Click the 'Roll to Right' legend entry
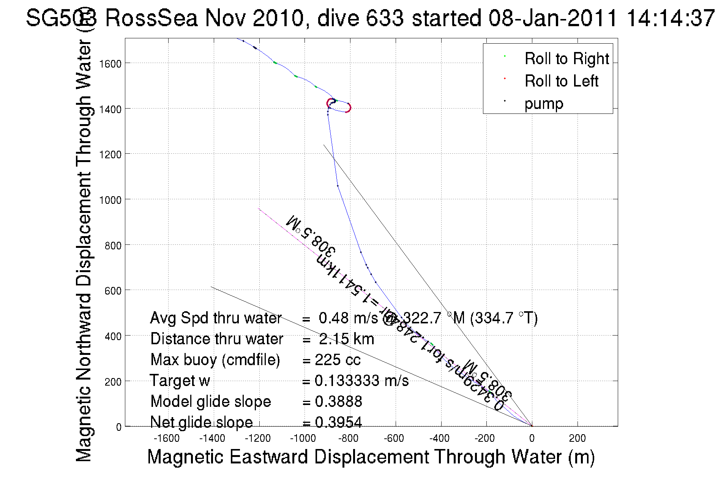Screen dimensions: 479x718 click(x=567, y=59)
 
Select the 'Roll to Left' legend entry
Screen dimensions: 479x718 click(x=561, y=81)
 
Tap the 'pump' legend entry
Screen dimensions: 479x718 click(x=544, y=104)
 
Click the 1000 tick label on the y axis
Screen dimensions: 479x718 click(x=110, y=200)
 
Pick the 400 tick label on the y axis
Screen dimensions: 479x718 click(x=113, y=336)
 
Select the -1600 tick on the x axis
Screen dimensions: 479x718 click(x=167, y=438)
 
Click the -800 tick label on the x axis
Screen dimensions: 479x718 click(x=348, y=438)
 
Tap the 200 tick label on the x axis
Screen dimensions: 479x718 click(x=577, y=438)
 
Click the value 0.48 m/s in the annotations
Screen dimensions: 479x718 click(x=348, y=318)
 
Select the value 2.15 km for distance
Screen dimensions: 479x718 click(x=346, y=339)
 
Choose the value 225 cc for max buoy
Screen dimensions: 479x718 click(x=338, y=360)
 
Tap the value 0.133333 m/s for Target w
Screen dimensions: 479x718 click(x=361, y=381)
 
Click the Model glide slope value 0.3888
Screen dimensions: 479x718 click(x=338, y=402)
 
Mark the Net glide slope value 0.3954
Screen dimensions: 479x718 click(x=338, y=422)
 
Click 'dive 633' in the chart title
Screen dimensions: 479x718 click(x=360, y=18)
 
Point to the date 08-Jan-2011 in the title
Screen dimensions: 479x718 click(x=552, y=18)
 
